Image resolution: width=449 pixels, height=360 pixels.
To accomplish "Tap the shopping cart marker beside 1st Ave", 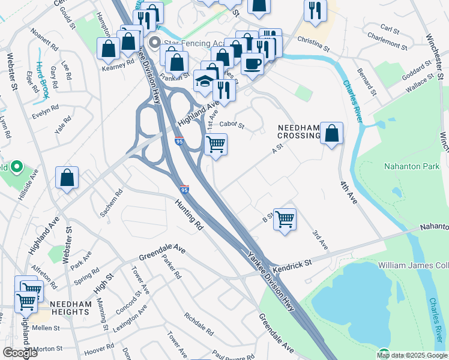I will [x=215, y=144].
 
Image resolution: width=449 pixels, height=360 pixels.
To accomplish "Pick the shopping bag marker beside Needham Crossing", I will [x=331, y=133].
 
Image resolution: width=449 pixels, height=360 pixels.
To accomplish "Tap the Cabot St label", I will [x=232, y=125].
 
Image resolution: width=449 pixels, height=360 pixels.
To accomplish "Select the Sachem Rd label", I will [x=112, y=203].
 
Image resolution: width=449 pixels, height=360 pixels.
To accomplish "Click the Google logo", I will [x=20, y=353].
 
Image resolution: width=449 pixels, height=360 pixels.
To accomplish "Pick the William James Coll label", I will [x=413, y=265].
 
